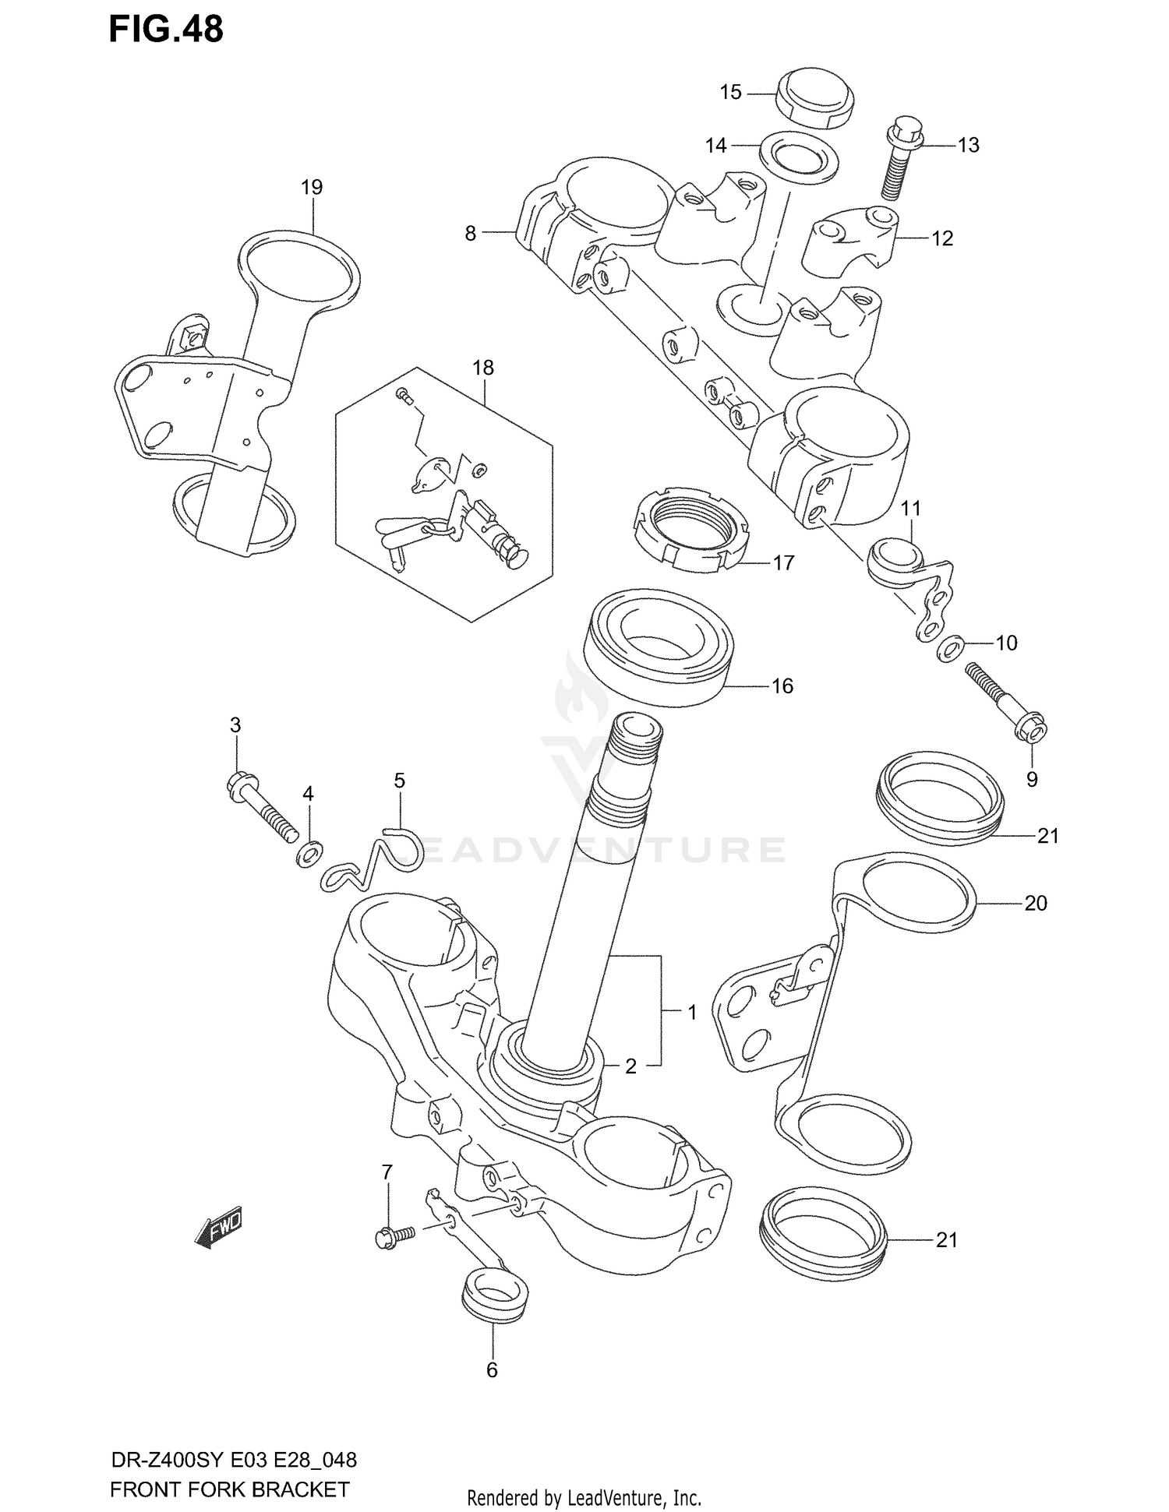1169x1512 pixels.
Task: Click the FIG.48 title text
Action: click(x=165, y=29)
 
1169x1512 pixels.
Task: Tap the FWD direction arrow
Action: click(x=219, y=1229)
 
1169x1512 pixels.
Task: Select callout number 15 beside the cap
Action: click(x=730, y=93)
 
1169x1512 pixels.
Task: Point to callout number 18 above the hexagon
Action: click(x=483, y=368)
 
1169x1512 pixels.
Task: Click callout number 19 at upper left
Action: click(x=311, y=187)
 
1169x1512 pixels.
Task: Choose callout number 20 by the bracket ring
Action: click(x=1035, y=903)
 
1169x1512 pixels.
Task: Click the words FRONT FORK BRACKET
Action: click(x=229, y=1490)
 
